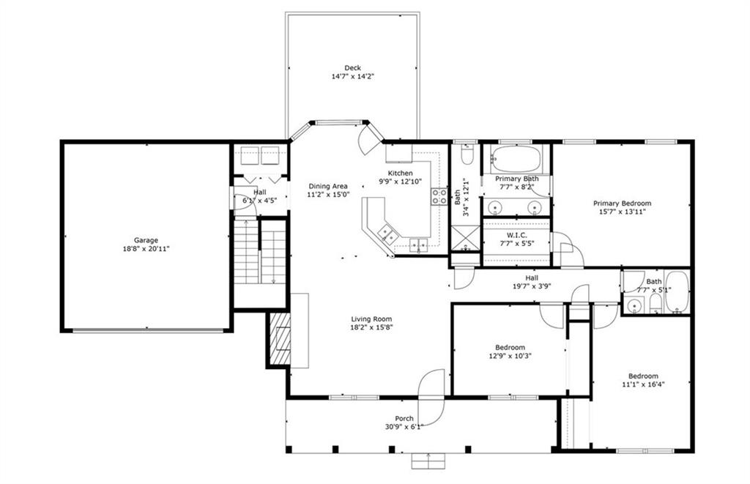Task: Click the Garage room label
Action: coord(146,240)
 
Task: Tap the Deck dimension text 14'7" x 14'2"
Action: coord(352,77)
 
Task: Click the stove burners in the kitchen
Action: coord(439,196)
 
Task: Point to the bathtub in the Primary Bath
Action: coord(516,160)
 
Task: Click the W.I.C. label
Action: coord(516,235)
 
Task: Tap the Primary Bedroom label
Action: coord(622,204)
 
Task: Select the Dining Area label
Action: coord(328,186)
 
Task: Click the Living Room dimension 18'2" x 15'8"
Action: coord(371,327)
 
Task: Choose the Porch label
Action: coord(404,419)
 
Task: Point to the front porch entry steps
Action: coord(428,461)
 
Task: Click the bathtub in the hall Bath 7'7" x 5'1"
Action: coord(677,291)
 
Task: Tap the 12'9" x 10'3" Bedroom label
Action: coord(510,347)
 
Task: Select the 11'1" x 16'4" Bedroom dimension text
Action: coord(643,384)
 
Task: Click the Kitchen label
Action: coord(400,173)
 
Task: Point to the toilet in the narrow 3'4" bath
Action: coord(467,155)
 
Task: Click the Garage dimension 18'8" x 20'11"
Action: coord(146,249)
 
